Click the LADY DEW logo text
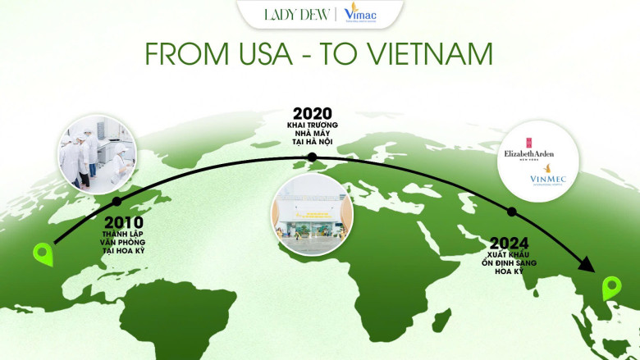[x=297, y=14]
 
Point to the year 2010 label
[x=123, y=222]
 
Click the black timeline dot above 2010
[x=117, y=201]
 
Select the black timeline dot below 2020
[x=312, y=157]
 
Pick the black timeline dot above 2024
[x=511, y=212]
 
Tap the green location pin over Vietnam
[x=611, y=289]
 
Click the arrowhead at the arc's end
[x=587, y=264]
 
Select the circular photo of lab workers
[x=96, y=154]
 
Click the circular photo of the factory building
[x=312, y=214]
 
